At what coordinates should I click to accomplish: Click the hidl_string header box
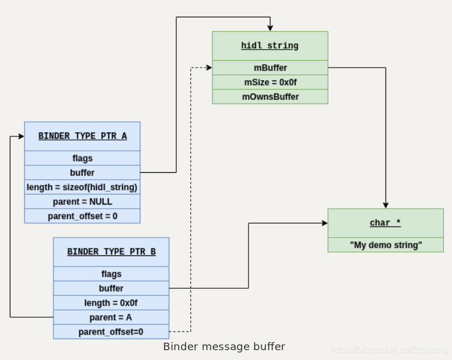coord(270,46)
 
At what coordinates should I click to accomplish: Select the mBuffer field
coord(270,68)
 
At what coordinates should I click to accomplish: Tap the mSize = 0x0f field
coord(270,82)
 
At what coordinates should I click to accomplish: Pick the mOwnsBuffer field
coord(270,97)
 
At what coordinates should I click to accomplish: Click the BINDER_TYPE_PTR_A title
coord(83,136)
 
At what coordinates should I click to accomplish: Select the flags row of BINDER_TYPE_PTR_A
coord(83,158)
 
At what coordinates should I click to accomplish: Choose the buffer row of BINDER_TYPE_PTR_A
coord(83,173)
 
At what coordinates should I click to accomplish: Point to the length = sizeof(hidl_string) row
coord(83,187)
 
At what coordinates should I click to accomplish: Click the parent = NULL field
coord(83,202)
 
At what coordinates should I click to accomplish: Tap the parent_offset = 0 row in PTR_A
coord(83,216)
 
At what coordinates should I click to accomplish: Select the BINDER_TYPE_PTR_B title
coord(112,252)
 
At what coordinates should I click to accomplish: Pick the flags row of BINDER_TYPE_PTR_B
coord(112,274)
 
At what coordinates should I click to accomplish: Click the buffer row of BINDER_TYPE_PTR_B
coord(112,288)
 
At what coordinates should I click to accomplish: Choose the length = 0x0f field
coord(112,303)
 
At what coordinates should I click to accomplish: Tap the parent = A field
coord(112,317)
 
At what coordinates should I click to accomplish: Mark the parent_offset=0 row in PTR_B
coord(112,332)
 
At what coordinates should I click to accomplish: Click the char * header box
coord(386,223)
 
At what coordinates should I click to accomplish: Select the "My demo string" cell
coord(386,245)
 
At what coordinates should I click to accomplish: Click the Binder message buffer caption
coord(224,347)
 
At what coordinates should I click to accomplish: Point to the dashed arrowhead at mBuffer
coord(209,68)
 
